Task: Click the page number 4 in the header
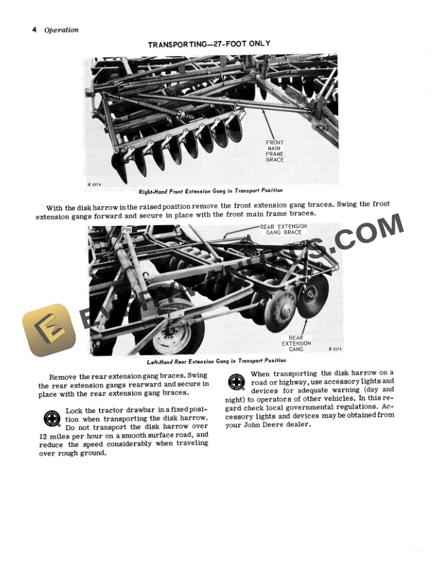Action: (33, 30)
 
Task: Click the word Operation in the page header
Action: (62, 30)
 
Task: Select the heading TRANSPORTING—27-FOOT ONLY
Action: (209, 44)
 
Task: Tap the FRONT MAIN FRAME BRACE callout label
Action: (275, 151)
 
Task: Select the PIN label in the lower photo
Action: (127, 229)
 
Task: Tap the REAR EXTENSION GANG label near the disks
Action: (296, 344)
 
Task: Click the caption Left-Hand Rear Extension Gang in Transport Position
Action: (206, 361)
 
